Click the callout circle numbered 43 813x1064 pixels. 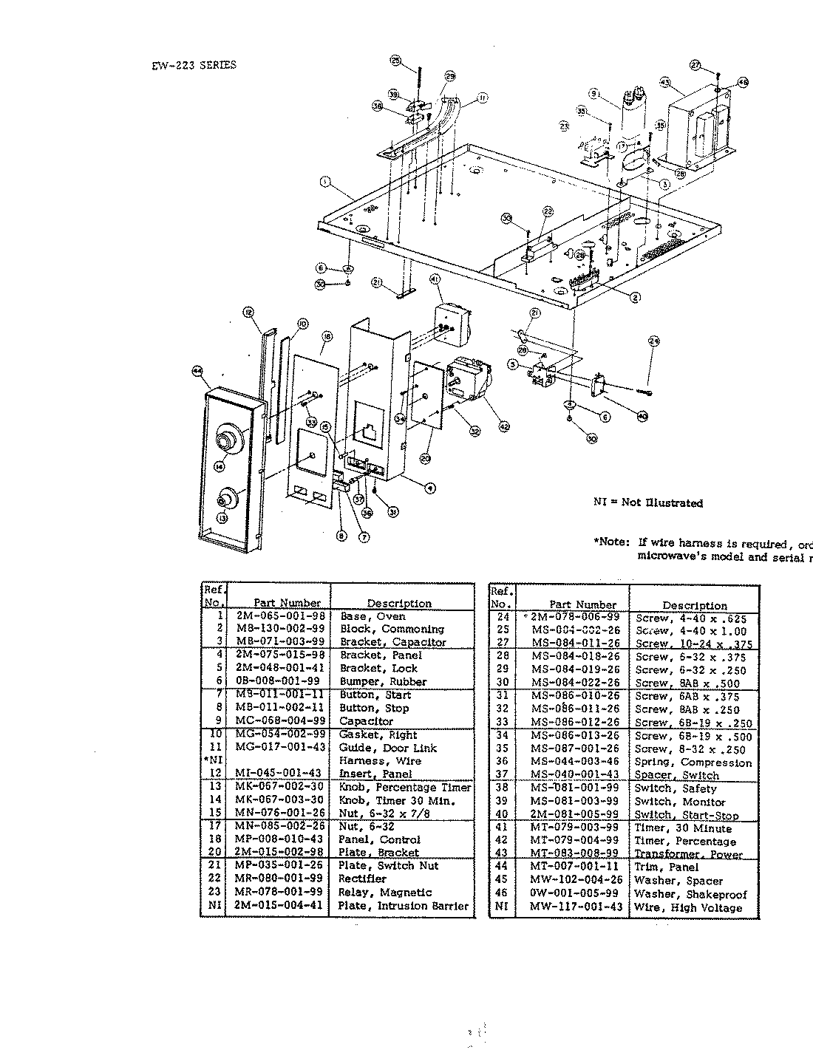[664, 83]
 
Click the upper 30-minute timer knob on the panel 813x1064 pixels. [225, 443]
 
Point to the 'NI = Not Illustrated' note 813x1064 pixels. [648, 503]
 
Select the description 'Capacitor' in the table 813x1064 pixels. [366, 720]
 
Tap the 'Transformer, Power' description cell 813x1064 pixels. [688, 854]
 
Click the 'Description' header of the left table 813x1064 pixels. [399, 603]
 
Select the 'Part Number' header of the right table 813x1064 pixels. [582, 604]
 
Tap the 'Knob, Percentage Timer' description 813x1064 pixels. [405, 788]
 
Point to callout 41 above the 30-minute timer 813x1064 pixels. [435, 279]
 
